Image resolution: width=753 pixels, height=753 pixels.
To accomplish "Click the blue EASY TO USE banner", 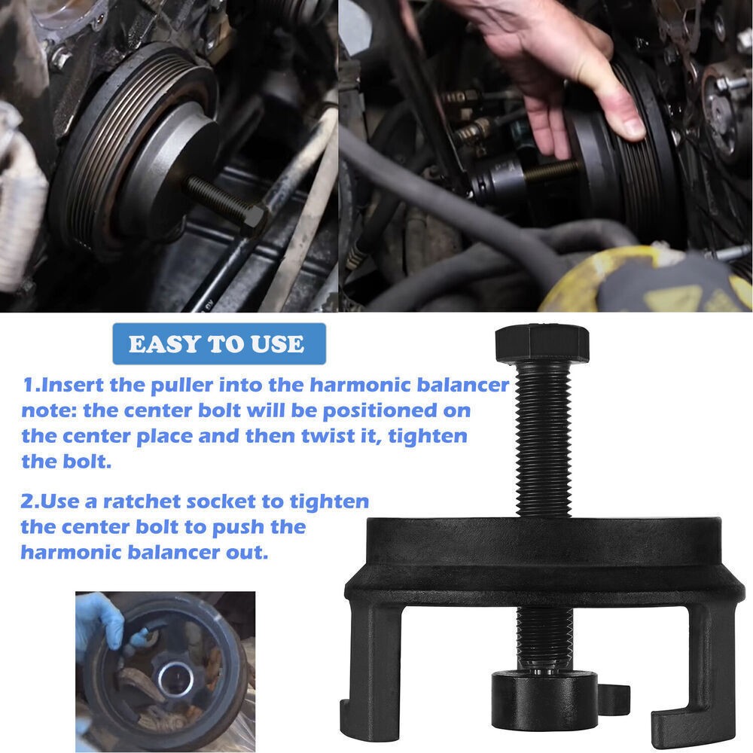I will (217, 345).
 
